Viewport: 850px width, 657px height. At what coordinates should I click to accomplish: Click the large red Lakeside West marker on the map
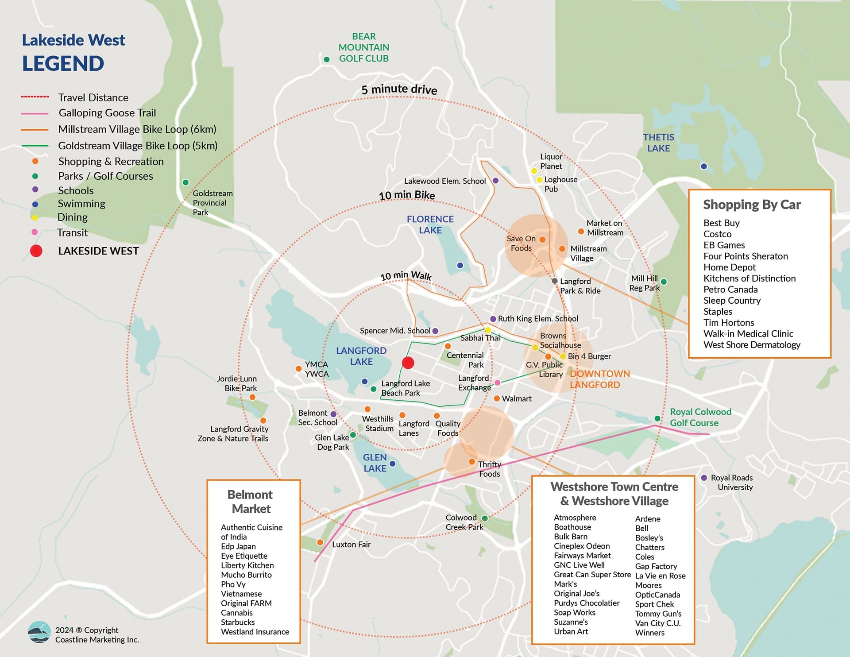click(x=408, y=363)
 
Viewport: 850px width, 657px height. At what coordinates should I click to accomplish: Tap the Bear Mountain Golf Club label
click(x=363, y=47)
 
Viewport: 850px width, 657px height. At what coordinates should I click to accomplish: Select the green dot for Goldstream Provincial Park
click(x=186, y=182)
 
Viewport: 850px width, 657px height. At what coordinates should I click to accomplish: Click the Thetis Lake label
click(x=658, y=143)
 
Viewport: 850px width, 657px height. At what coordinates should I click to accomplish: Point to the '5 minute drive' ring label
click(x=399, y=89)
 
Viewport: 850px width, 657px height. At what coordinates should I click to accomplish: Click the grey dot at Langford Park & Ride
click(x=554, y=281)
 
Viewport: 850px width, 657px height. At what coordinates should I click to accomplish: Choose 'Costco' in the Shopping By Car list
click(x=717, y=234)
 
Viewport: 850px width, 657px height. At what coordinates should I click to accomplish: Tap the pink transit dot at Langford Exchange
click(x=497, y=383)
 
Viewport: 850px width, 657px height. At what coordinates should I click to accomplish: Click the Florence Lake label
click(x=430, y=224)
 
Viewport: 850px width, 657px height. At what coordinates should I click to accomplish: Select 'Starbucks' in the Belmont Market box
click(x=238, y=622)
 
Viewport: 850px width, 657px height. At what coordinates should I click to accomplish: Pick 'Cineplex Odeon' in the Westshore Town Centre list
click(x=582, y=546)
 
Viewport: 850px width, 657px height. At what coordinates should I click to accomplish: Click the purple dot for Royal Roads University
click(x=704, y=478)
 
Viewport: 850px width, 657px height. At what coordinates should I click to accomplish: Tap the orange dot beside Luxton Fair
click(x=320, y=542)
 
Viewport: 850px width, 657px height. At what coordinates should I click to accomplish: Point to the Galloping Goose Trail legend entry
click(x=107, y=113)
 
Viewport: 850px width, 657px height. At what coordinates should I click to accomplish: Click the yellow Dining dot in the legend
click(x=35, y=217)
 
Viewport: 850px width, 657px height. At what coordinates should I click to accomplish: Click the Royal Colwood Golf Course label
click(x=700, y=417)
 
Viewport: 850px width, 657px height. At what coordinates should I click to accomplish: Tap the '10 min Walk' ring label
click(x=406, y=275)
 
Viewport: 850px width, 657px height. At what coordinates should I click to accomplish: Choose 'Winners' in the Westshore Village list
click(x=649, y=633)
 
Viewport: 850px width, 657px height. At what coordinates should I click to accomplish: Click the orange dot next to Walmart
click(x=497, y=398)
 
